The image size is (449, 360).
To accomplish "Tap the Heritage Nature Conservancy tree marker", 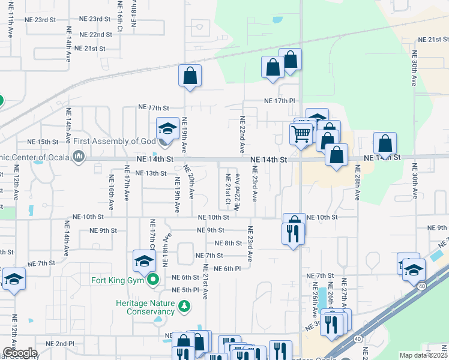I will (184, 308).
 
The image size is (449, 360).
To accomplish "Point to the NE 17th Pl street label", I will (280, 101).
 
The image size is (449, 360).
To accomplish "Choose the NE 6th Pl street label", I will (227, 268).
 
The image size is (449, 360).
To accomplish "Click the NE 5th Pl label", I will (185, 290).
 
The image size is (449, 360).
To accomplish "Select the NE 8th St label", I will (228, 243).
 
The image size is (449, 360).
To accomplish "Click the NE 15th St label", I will (43, 142).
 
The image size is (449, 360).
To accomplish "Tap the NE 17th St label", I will (154, 107).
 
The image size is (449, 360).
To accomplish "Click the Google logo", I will (20, 353).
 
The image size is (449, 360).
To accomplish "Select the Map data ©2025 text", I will (423, 355).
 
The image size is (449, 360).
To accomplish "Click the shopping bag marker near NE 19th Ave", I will (190, 76).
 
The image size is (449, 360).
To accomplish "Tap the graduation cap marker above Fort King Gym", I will (144, 260).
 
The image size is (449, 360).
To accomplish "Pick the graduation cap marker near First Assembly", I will (167, 128).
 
